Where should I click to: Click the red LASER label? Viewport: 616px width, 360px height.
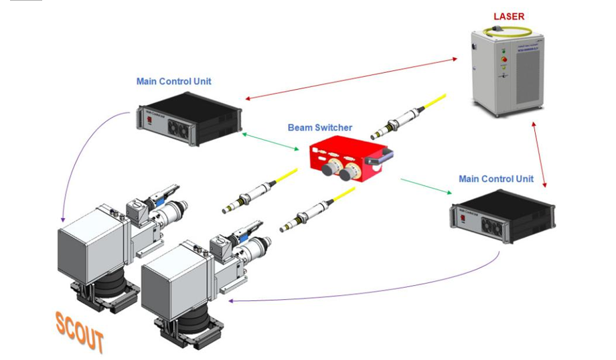click(x=508, y=15)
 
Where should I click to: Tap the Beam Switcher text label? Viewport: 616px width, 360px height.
click(x=320, y=127)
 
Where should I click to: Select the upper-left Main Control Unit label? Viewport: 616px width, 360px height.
click(x=173, y=82)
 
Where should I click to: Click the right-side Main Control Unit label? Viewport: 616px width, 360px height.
click(x=496, y=179)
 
